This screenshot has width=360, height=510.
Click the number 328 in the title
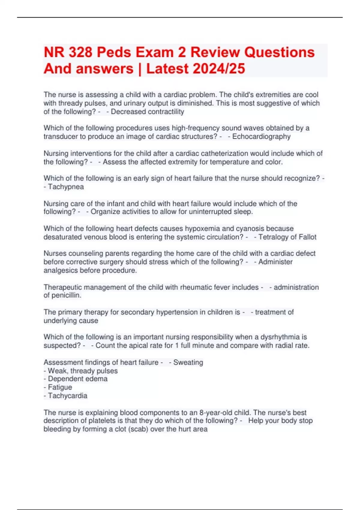click(80, 52)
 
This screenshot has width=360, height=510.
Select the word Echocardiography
click(261, 136)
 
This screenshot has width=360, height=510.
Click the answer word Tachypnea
click(66, 187)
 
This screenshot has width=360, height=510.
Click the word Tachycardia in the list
click(67, 396)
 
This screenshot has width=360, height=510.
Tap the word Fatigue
click(60, 387)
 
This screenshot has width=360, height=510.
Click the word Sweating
click(188, 362)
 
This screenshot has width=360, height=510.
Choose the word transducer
click(61, 136)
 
